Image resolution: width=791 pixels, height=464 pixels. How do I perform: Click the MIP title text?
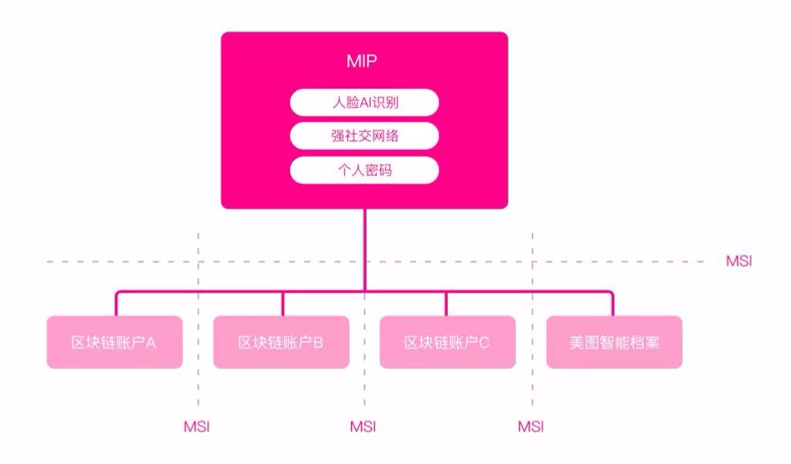click(x=363, y=61)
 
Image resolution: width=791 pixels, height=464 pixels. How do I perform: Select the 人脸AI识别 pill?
click(x=364, y=102)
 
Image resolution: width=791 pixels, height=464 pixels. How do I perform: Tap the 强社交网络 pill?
click(x=364, y=136)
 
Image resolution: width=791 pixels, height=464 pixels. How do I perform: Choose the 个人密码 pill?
click(x=364, y=170)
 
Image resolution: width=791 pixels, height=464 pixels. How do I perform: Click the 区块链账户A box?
click(x=114, y=342)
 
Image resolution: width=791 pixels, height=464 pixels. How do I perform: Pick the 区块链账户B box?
click(x=281, y=342)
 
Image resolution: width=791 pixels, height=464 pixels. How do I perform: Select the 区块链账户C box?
click(x=448, y=342)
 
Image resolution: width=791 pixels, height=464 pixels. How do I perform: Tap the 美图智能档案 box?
click(x=614, y=342)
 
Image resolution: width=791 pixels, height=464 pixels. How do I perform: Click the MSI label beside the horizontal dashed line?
click(x=739, y=262)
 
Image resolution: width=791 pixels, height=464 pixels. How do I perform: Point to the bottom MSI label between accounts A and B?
click(x=196, y=426)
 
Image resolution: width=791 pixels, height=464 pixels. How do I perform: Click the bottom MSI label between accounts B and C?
click(x=363, y=426)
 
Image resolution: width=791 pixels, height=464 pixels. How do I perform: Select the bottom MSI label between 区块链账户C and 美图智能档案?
click(x=530, y=426)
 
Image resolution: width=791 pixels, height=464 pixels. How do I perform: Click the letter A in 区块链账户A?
click(x=151, y=342)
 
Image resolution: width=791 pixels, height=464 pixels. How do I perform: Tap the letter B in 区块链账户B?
click(x=318, y=342)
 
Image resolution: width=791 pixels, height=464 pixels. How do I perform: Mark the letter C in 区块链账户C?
click(x=485, y=342)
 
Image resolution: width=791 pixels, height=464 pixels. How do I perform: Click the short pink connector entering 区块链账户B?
click(x=282, y=303)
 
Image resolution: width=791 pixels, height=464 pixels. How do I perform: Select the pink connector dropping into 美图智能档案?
click(x=613, y=303)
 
